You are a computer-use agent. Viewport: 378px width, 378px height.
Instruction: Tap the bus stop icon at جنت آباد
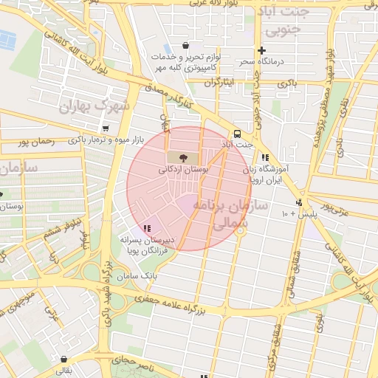(x=237, y=134)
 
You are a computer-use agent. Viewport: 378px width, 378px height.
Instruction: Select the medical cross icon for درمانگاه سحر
(x=262, y=50)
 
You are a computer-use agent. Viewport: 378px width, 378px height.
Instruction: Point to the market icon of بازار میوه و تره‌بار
(x=106, y=128)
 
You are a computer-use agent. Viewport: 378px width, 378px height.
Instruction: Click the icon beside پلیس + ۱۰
(x=298, y=202)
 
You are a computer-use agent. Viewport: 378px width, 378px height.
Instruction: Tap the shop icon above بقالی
(x=65, y=360)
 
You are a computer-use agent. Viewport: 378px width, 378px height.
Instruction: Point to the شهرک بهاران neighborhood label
(x=95, y=106)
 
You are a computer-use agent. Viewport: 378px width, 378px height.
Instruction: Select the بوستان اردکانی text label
(x=184, y=170)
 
